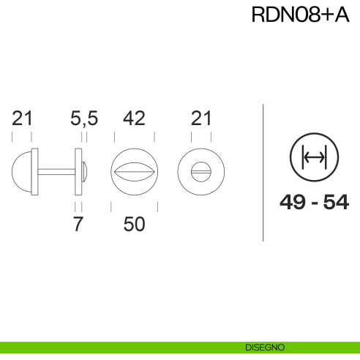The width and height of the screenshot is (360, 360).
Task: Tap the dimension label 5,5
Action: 84,118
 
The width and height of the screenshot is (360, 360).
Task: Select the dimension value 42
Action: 133,118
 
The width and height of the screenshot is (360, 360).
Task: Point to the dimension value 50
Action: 133,224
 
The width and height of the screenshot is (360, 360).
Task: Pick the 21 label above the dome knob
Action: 23,118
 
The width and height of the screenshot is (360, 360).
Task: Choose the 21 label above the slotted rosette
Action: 200,118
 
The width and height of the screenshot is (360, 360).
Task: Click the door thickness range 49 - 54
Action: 313,203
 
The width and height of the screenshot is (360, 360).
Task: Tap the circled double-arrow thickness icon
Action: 313,157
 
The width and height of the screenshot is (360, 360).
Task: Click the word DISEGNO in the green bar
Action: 266,347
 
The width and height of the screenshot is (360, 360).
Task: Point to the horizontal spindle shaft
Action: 56,172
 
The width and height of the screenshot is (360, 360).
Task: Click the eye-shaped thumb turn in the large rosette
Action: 133,172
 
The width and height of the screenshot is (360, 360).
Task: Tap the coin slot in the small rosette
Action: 200,172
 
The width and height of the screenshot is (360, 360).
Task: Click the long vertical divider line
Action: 263,172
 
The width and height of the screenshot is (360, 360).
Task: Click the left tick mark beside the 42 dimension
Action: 113,137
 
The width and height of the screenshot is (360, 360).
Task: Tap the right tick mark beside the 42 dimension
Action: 154,137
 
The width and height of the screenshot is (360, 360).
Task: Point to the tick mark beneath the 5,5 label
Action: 86,137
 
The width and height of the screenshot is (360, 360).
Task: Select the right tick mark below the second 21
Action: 211,137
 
